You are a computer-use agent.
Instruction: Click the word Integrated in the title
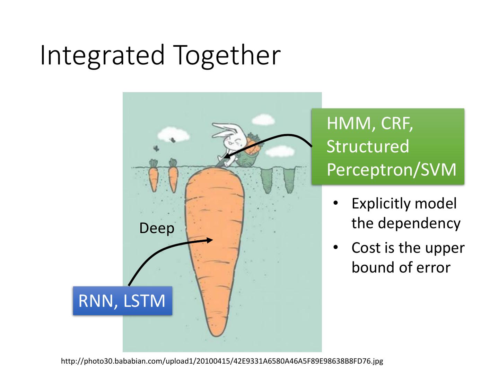102,56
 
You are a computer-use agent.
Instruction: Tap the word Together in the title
227,56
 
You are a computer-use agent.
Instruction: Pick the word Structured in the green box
368,146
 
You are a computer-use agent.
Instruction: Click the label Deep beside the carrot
157,229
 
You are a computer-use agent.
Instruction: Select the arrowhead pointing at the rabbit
227,155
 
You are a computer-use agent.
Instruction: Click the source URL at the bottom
222,361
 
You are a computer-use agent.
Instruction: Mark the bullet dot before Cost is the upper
335,247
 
